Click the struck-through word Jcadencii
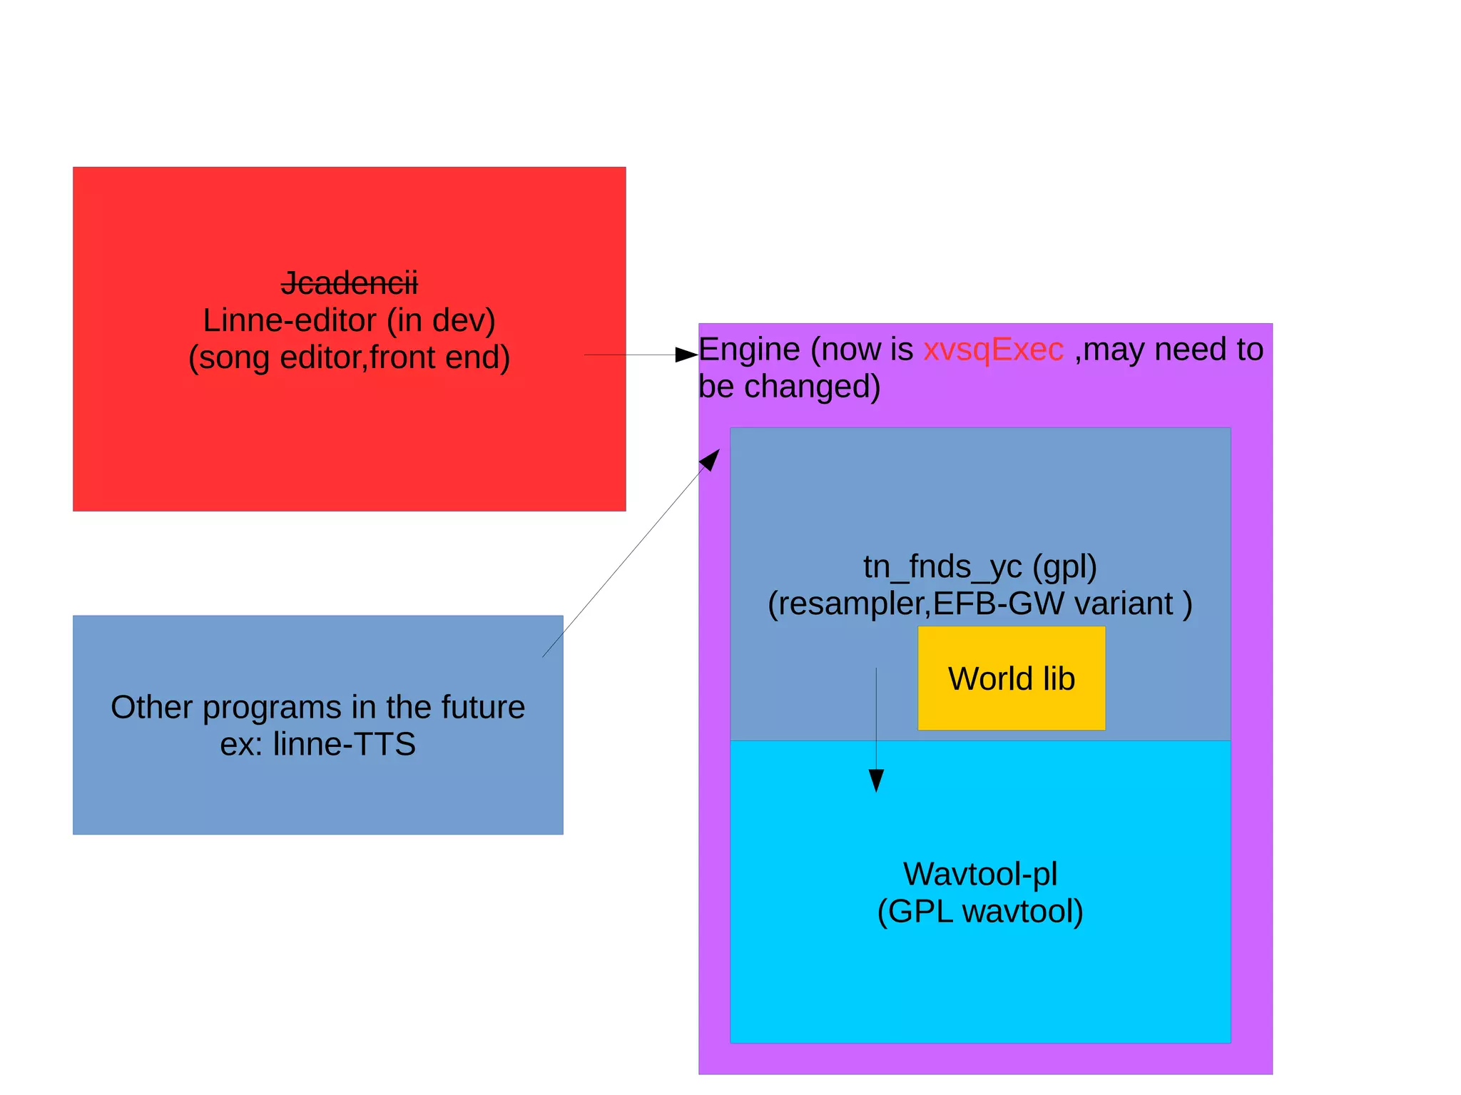coord(349,283)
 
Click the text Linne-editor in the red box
coord(289,320)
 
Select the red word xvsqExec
coord(992,350)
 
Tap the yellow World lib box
coord(1011,678)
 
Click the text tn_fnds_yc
coord(942,566)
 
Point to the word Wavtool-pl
coord(979,874)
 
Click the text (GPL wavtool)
coord(979,911)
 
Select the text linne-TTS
coord(344,744)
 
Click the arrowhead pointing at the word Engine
coord(686,355)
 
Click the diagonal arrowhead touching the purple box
coord(711,459)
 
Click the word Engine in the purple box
coord(749,350)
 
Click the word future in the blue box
coord(483,707)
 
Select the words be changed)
coord(789,387)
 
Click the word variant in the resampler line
coord(1123,603)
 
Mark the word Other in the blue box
coord(151,707)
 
